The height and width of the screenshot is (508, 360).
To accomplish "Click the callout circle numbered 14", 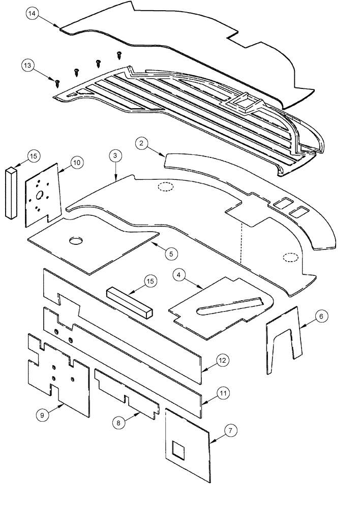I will pos(33,14).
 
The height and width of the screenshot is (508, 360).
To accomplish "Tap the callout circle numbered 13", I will pos(28,66).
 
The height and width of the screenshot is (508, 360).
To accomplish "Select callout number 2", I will pos(142,144).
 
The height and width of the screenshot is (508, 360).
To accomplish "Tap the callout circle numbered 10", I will pos(76,163).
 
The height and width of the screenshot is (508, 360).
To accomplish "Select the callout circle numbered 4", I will pos(179,275).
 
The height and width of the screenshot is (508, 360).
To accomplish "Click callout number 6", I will pos(320,316).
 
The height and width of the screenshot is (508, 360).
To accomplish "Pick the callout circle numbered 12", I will pos(221,360).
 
